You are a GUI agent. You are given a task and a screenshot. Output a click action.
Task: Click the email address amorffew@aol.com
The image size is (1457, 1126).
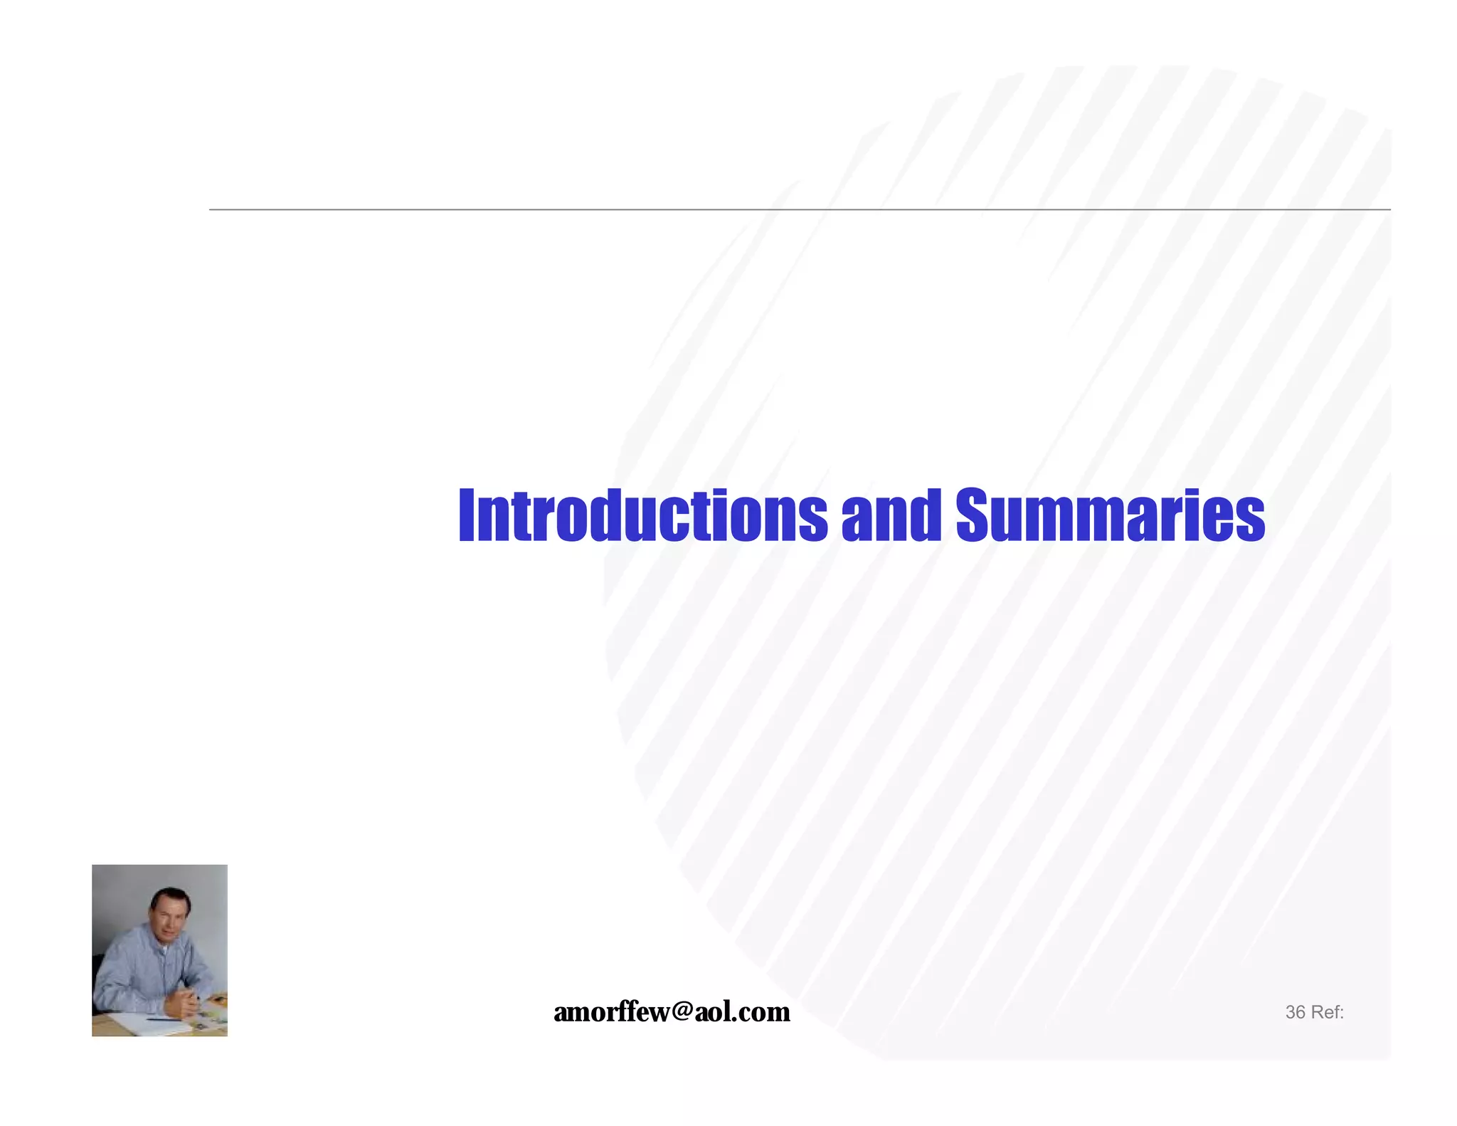[672, 1011]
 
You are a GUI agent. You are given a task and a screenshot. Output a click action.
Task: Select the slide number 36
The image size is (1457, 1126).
[1295, 1012]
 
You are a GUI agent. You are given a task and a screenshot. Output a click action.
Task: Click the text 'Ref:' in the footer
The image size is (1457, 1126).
[1327, 1012]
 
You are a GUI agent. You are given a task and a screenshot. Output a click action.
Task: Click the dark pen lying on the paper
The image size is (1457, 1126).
[164, 1020]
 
